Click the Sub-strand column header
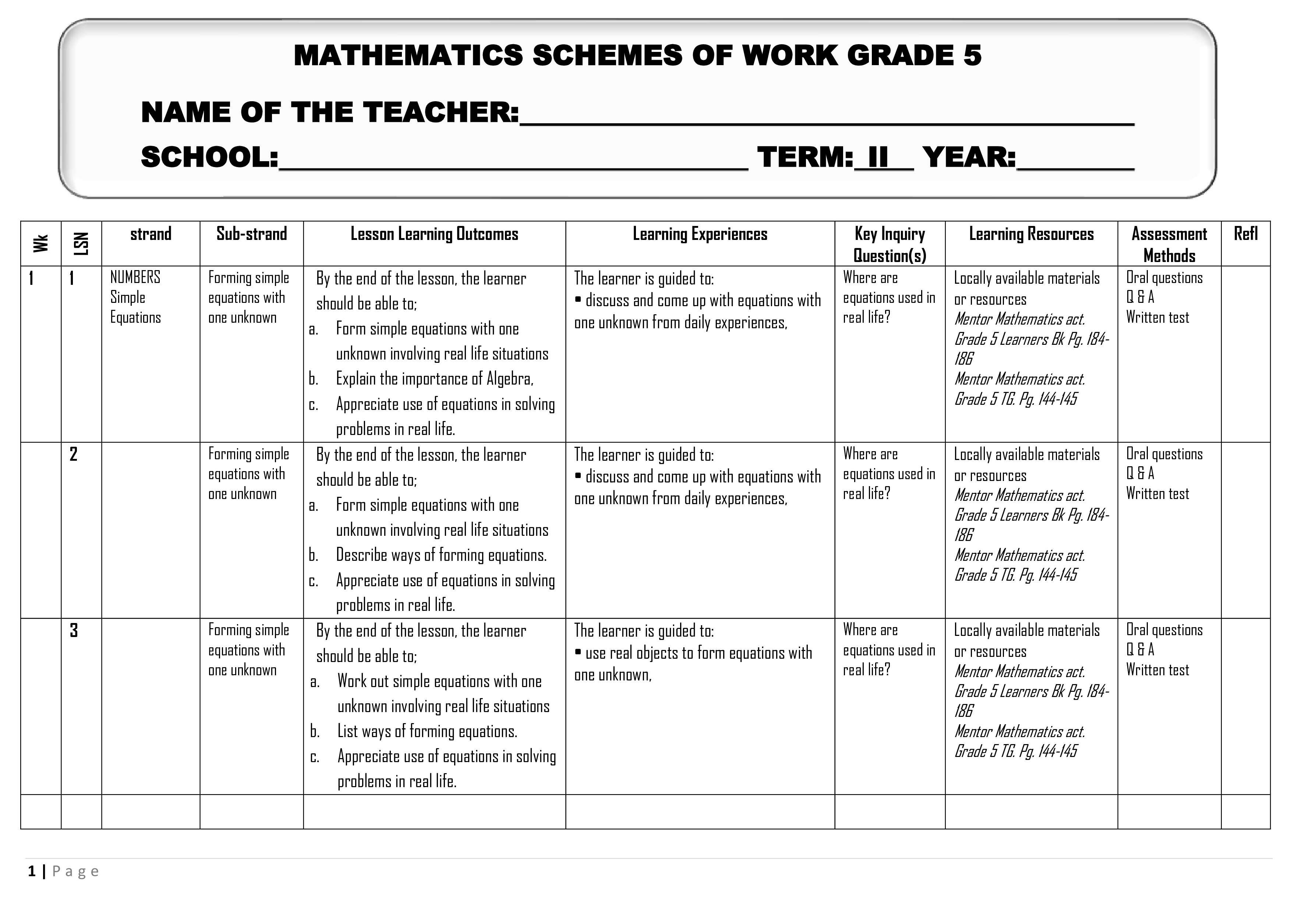251,234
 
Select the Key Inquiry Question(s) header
889,244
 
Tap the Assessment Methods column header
1169,244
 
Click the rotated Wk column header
40,243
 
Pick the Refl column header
1245,234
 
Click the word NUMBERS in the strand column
135,277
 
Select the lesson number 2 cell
74,454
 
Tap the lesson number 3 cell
74,631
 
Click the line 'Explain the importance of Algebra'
434,379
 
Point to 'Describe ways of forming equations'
441,555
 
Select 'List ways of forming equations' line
427,732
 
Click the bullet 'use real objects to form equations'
698,653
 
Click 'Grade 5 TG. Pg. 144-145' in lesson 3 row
1015,752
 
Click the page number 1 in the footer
32,871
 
